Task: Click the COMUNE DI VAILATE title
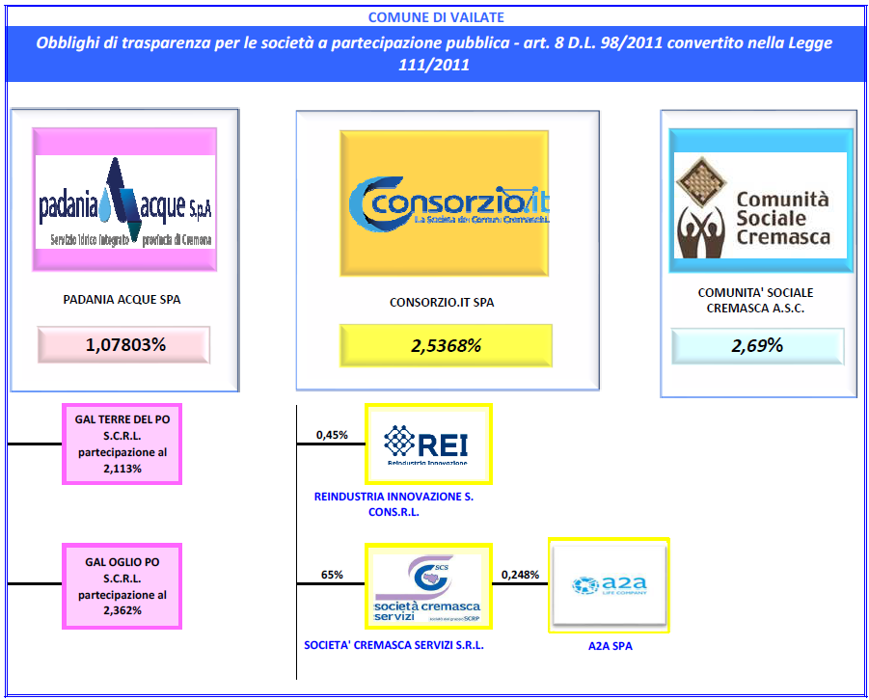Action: coord(435,17)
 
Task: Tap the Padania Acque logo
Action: coord(125,200)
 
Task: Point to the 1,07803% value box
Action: coord(124,344)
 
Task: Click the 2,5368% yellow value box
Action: coord(446,345)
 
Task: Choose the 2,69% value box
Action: coord(757,345)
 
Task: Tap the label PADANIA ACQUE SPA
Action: coord(122,299)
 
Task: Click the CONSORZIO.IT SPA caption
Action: coord(442,302)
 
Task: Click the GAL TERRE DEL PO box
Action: coord(122,444)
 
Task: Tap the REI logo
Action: coord(428,444)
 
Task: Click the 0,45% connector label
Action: coord(332,435)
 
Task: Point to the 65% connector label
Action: coord(332,575)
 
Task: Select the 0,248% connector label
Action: coord(520,575)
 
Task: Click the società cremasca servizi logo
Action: coord(428,585)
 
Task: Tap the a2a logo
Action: coord(610,584)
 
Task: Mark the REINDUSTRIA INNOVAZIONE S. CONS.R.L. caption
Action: coord(394,504)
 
